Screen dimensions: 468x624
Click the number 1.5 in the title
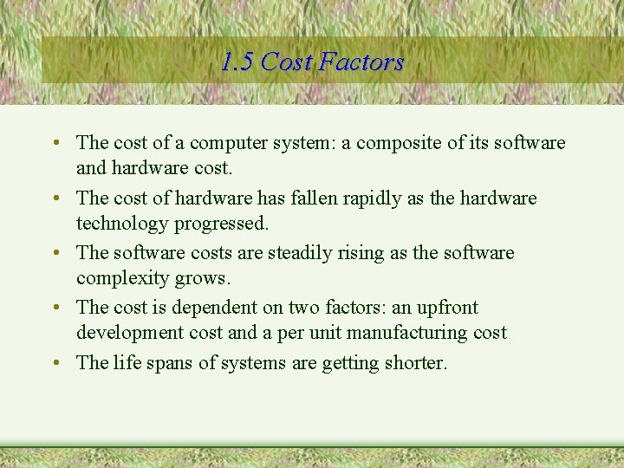click(x=237, y=62)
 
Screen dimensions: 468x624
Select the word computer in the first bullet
click(x=229, y=142)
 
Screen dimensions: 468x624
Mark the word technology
click(x=122, y=223)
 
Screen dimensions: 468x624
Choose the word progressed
click(x=222, y=223)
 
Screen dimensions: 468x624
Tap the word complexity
click(x=121, y=278)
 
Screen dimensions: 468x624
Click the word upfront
click(x=443, y=308)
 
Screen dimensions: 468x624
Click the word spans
click(x=171, y=363)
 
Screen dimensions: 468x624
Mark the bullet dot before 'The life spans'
click(x=55, y=363)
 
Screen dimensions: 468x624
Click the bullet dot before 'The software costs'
click(x=55, y=253)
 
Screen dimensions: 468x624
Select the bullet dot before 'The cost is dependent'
click(x=55, y=308)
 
